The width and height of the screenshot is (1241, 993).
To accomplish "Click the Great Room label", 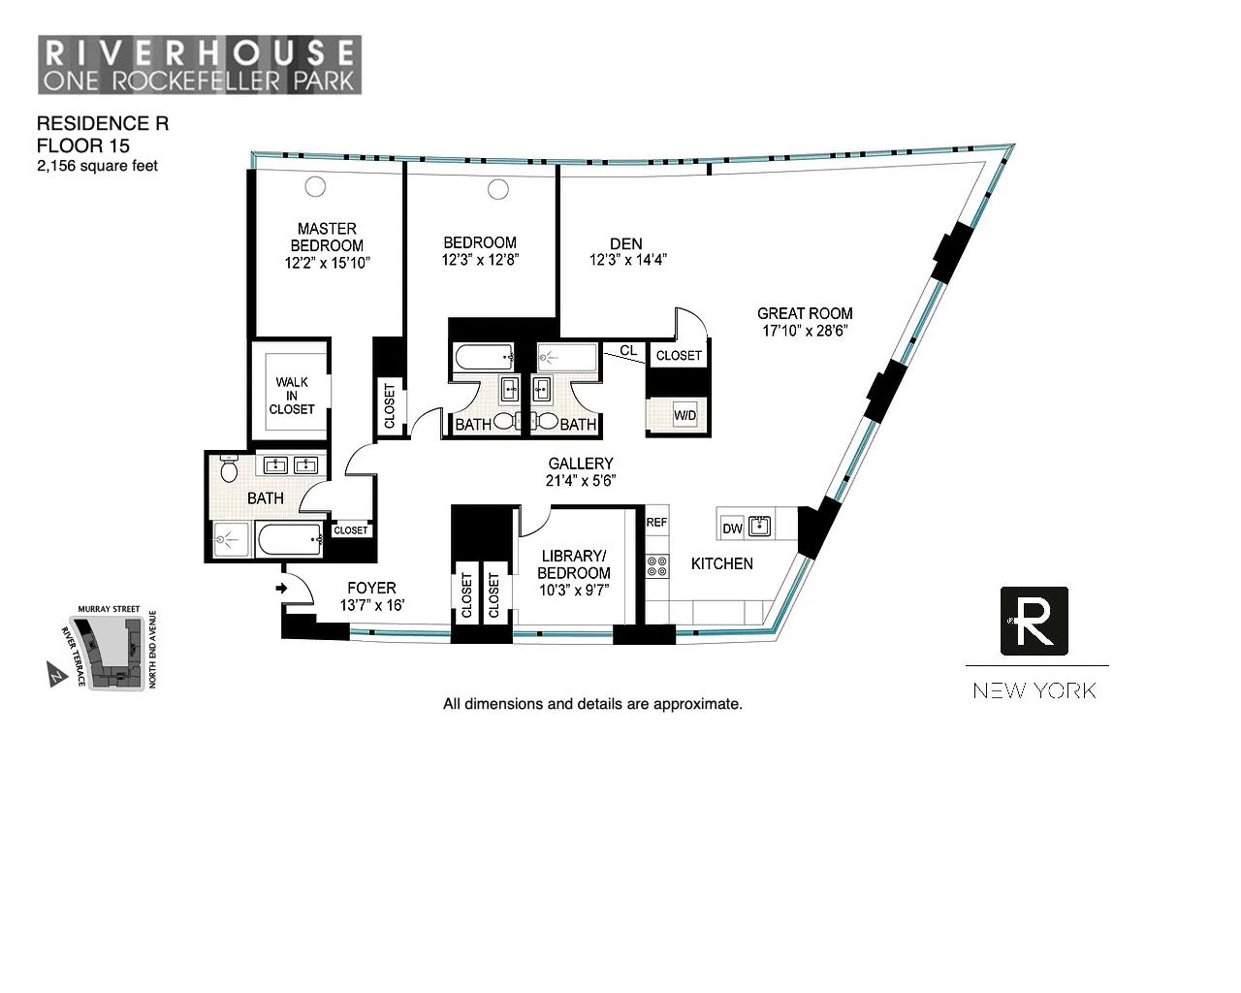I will (805, 313).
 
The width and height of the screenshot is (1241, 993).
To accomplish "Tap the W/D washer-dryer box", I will (684, 416).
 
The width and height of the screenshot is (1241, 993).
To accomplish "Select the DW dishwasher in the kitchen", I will (732, 529).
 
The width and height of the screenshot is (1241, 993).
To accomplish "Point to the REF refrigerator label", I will (656, 522).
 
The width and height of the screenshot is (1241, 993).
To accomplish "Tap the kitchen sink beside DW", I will (759, 527).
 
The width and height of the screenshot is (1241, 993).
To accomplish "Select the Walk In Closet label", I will (292, 396).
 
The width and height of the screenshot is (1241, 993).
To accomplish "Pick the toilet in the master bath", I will (230, 470).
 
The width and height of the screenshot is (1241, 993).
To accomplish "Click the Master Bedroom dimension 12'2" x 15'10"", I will (327, 263).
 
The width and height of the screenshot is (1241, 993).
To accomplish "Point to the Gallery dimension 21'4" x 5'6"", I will (580, 480).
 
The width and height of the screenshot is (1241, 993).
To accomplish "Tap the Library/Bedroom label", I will (574, 564).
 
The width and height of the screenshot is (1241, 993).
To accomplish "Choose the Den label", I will (626, 243).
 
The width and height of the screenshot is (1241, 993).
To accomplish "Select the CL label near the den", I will (628, 350).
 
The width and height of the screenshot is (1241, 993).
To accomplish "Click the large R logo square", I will (1034, 621).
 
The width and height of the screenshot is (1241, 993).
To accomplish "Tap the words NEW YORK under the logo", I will (1034, 690).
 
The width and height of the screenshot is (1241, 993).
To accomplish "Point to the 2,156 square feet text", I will (97, 166).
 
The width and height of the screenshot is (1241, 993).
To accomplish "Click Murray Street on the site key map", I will (109, 609).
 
